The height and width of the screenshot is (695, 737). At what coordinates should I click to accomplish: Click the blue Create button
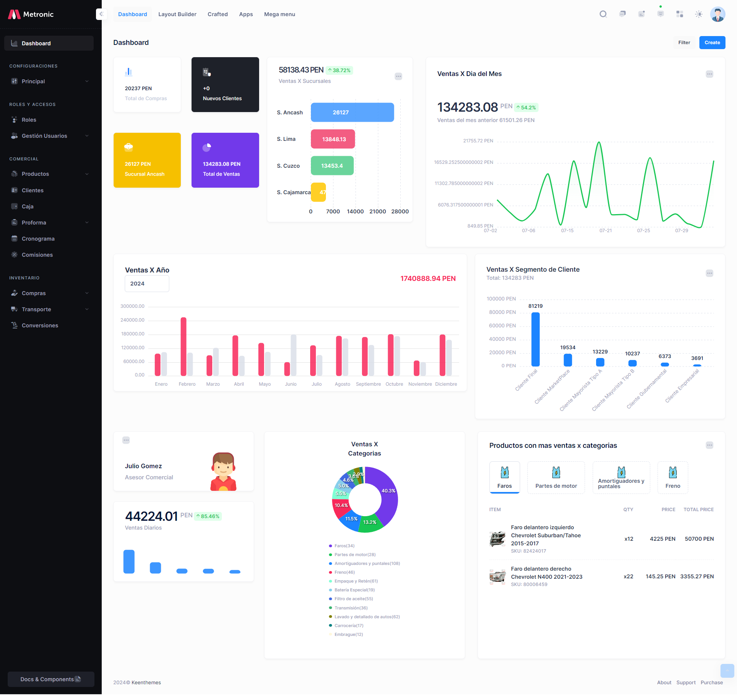pos(712,43)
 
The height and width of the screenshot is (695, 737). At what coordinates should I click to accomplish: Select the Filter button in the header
pos(684,43)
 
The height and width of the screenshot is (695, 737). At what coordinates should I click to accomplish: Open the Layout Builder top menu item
pos(177,14)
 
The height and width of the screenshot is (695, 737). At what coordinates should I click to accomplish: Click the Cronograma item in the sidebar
pos(38,239)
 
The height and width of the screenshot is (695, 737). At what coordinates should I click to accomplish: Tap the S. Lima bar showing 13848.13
pos(333,139)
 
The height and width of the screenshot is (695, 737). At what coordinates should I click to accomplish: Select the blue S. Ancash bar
pos(352,112)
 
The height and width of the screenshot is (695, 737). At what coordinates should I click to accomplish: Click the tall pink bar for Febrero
pos(183,346)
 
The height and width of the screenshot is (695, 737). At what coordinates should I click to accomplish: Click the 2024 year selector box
pos(147,284)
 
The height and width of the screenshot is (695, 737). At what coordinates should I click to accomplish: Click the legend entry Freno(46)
pos(344,572)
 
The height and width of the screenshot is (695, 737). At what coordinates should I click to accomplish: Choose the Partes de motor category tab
pos(556,478)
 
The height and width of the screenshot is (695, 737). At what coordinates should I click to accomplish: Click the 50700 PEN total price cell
pos(699,539)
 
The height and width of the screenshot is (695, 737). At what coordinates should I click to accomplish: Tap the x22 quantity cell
pos(628,576)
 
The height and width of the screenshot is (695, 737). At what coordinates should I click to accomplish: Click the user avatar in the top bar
pos(717,14)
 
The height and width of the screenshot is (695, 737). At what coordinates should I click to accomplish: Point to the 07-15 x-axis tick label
pos(567,231)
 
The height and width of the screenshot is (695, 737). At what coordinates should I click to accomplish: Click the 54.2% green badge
pos(526,107)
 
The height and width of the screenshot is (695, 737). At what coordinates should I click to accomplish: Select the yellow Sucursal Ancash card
pos(147,160)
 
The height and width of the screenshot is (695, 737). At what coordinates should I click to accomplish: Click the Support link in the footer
pos(686,682)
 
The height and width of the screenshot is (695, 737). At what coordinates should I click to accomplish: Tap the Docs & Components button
pos(51,679)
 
